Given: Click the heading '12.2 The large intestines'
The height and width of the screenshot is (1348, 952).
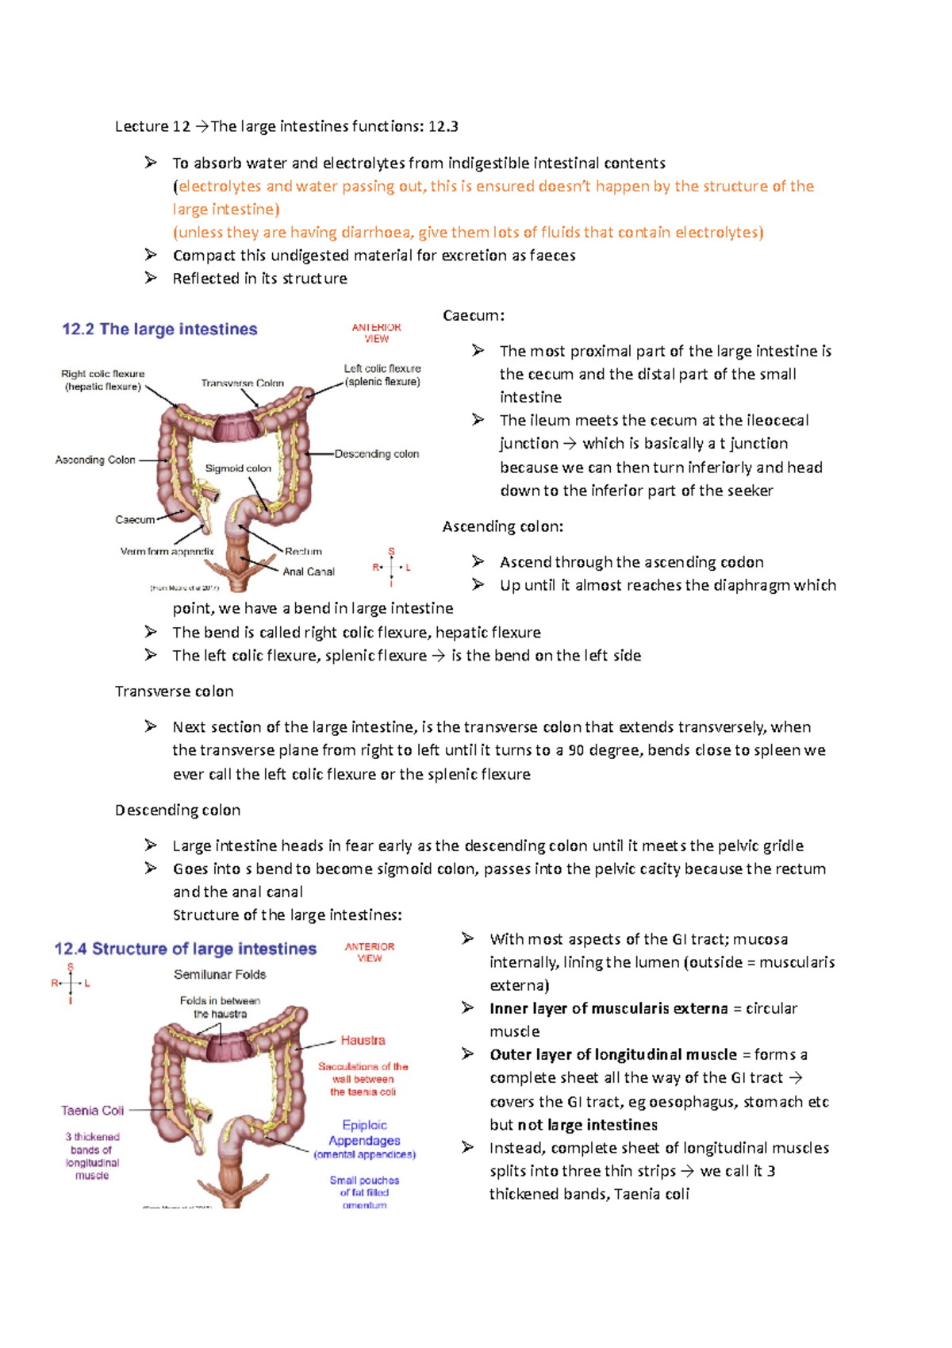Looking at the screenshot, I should click(159, 329).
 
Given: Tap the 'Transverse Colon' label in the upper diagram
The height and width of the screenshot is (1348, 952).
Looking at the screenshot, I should click(242, 383).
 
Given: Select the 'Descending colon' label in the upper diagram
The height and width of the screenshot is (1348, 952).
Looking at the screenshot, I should click(377, 454).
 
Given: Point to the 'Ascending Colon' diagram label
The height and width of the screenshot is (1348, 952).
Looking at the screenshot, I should click(95, 460).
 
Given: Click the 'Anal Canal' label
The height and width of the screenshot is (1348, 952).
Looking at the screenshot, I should click(309, 572).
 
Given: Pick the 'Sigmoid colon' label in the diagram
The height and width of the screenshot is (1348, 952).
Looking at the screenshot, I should click(238, 468).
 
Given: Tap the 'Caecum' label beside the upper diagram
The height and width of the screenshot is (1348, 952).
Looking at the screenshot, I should click(135, 520).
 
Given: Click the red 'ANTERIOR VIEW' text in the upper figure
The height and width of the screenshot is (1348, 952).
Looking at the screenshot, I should click(376, 333).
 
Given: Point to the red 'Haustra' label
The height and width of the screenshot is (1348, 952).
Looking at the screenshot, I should click(363, 1040).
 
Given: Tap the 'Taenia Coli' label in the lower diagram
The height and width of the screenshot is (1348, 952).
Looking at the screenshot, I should click(93, 1111).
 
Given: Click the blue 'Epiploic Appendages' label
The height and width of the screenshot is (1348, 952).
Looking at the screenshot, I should click(364, 1133).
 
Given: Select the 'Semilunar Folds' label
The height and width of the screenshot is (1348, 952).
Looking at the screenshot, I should click(220, 974).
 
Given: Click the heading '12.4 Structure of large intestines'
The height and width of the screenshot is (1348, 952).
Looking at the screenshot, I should click(185, 949).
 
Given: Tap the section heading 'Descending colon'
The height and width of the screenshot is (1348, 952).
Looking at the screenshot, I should click(178, 810).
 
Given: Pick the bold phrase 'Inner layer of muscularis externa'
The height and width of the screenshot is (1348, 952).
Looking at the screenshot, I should click(608, 1008).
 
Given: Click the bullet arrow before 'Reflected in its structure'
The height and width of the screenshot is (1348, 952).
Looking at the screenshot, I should click(151, 278).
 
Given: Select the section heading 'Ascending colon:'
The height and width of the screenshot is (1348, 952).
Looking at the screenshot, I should click(503, 526).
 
